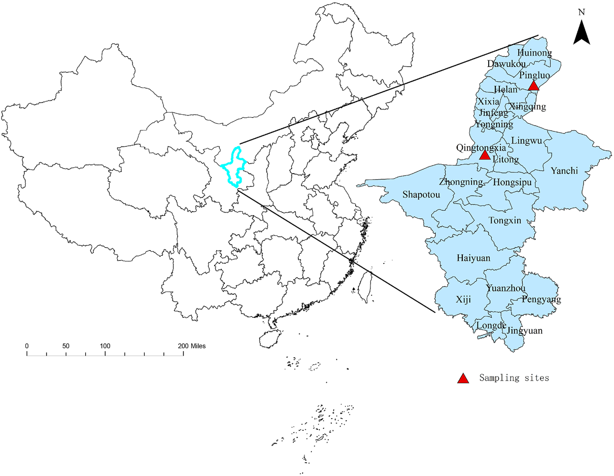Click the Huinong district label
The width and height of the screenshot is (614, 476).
tap(534, 52)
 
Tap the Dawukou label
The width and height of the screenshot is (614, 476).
tap(505, 64)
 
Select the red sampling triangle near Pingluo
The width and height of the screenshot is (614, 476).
tap(533, 86)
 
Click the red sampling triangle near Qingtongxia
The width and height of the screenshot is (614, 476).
tap(485, 155)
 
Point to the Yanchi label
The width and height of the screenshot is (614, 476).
tap(564, 171)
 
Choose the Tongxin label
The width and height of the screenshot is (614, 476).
tap(504, 220)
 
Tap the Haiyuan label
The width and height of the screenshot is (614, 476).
tap(473, 258)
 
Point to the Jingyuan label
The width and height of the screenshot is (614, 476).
tap(525, 331)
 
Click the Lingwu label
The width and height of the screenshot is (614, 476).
tap(527, 141)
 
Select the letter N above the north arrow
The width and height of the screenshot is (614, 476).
tap(582, 12)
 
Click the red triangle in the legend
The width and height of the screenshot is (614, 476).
tap(462, 378)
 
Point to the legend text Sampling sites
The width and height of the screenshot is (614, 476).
tap(514, 378)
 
